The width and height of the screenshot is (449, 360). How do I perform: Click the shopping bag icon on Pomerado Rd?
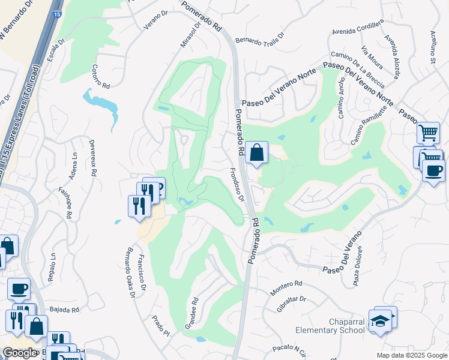[256, 153]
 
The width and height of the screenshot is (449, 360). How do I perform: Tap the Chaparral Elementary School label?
[330, 326]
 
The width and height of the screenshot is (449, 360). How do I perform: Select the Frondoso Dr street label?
[238, 184]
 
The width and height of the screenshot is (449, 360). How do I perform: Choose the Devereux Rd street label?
[92, 157]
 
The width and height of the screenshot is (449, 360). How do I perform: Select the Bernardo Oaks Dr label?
[128, 273]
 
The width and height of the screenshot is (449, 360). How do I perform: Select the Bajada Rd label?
[67, 310]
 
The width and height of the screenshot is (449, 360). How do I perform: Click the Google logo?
[20, 352]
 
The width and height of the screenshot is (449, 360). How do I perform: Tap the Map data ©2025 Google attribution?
[411, 355]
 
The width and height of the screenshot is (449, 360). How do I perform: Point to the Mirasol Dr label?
[188, 37]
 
